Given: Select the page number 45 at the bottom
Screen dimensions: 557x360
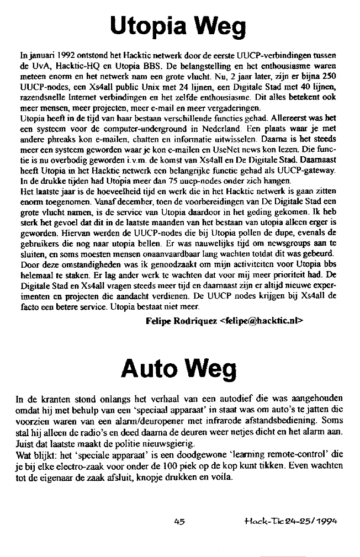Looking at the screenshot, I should click(178, 519).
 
